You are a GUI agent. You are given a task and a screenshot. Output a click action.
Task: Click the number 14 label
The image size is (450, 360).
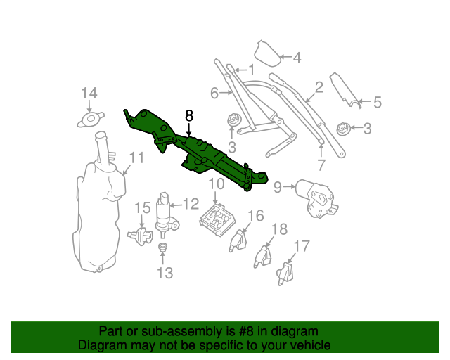click(x=89, y=94)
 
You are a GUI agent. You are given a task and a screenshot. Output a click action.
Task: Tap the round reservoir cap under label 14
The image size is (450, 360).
click(x=90, y=119)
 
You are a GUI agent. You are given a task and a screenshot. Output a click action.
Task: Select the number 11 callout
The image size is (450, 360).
click(x=135, y=158)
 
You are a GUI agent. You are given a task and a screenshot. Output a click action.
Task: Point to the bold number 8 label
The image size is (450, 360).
click(x=188, y=115)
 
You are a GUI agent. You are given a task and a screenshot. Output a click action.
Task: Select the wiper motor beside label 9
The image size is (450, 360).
click(x=316, y=195)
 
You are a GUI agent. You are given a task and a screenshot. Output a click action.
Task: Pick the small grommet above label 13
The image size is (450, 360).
click(x=163, y=248)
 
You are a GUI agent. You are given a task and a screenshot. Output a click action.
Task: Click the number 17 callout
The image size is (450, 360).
click(x=302, y=246)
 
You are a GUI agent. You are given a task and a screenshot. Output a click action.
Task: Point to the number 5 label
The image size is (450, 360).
click(x=377, y=103)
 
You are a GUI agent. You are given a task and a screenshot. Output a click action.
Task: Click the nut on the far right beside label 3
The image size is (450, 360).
click(x=343, y=129)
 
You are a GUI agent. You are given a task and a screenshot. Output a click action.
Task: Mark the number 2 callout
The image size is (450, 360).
click(x=318, y=87)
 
